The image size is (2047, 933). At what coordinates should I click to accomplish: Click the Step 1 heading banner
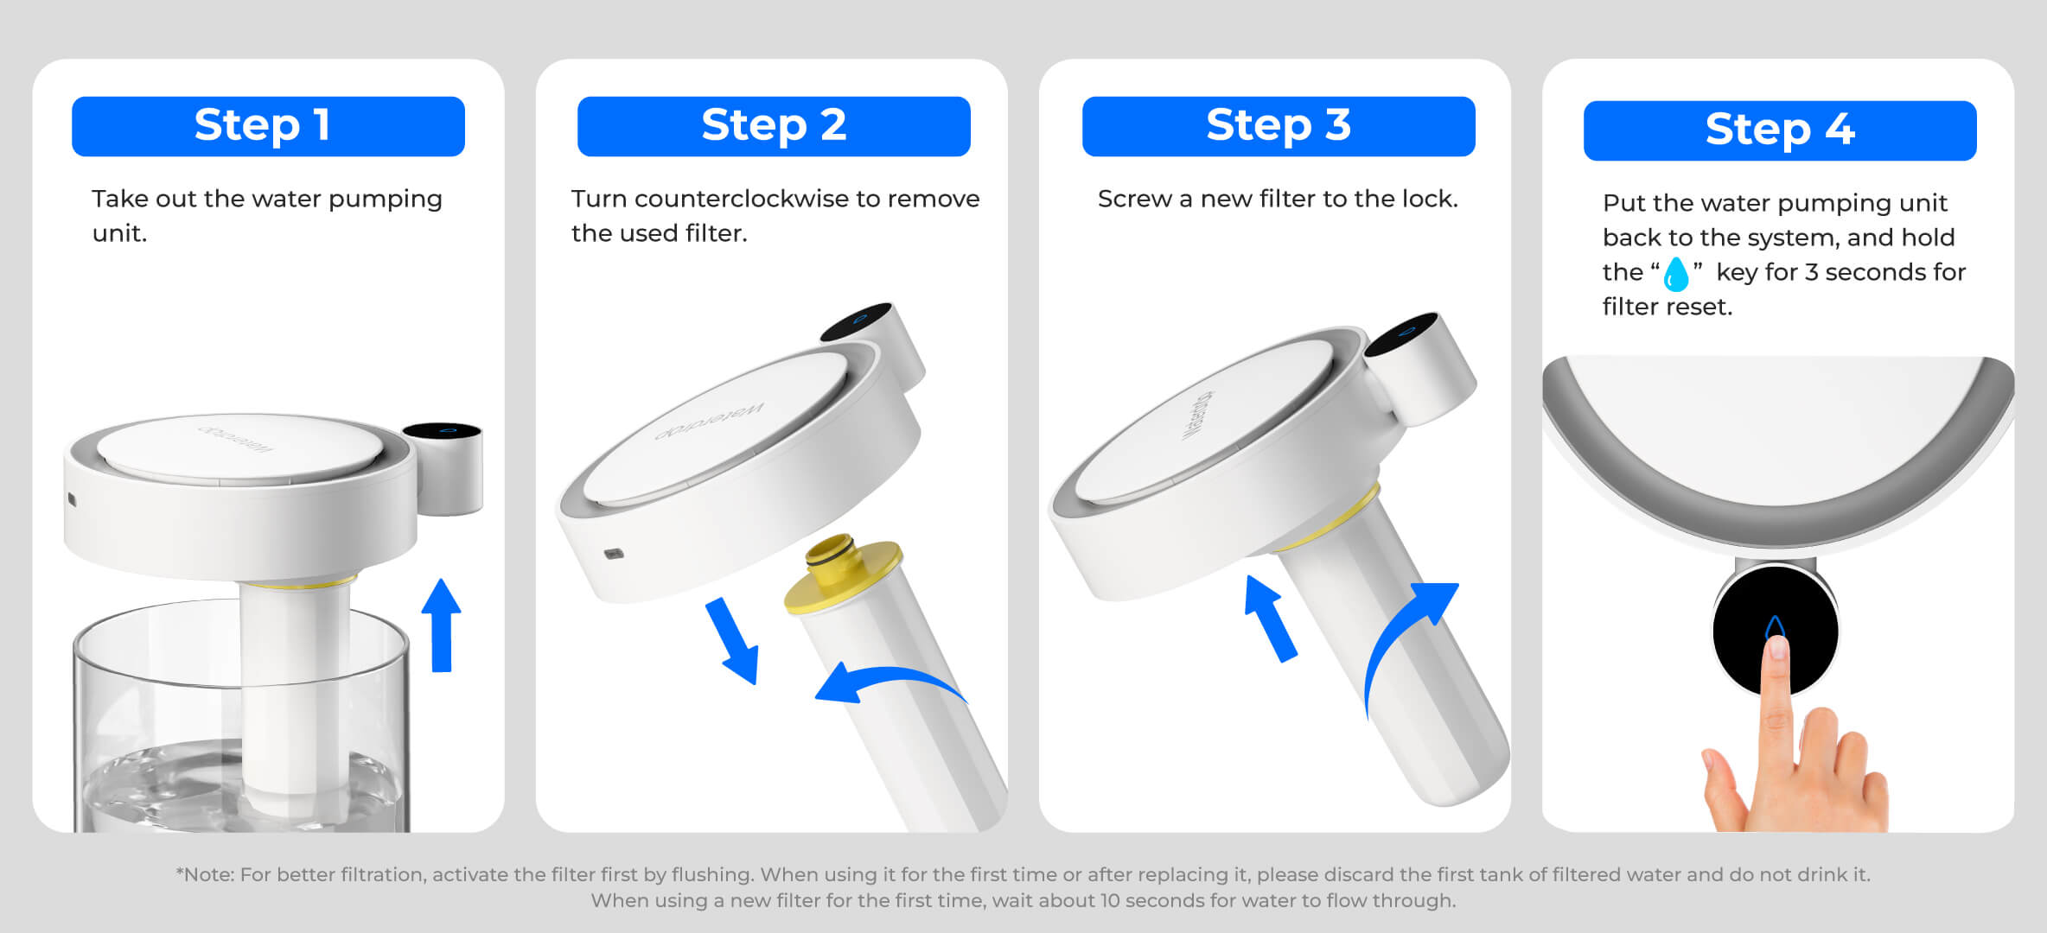click(x=268, y=126)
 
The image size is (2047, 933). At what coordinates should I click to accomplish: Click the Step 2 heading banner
click(x=774, y=126)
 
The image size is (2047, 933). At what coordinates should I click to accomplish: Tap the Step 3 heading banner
click(x=1279, y=126)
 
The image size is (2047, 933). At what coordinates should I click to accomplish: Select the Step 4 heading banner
click(x=1780, y=130)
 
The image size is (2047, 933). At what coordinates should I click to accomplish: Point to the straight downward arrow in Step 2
click(x=733, y=640)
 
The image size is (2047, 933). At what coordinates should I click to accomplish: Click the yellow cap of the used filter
click(x=843, y=574)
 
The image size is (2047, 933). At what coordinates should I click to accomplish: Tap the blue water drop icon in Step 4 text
click(x=1676, y=274)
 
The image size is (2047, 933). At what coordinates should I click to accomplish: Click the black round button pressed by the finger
click(x=1776, y=630)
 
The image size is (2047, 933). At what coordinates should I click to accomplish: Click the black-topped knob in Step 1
click(x=443, y=466)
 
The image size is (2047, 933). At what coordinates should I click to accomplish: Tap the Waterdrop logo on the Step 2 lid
click(x=709, y=421)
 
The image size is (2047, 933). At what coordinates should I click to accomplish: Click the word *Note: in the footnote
click(x=204, y=874)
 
